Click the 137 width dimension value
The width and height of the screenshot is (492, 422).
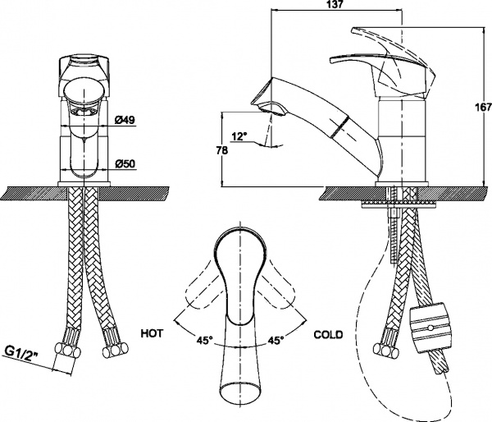point(336,4)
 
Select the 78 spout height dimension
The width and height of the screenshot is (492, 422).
point(222,150)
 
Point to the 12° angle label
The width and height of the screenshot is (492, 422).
point(239,136)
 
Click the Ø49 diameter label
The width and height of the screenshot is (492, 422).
point(125,120)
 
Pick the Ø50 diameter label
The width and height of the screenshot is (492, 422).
point(125,163)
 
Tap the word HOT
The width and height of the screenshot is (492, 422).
point(152,333)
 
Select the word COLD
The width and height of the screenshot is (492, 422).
point(328,335)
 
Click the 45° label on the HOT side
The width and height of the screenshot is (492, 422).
point(205,340)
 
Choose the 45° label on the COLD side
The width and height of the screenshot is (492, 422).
point(276,340)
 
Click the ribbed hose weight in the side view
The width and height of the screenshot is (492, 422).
point(429,327)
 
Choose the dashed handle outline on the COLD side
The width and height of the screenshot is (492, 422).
point(276,287)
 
